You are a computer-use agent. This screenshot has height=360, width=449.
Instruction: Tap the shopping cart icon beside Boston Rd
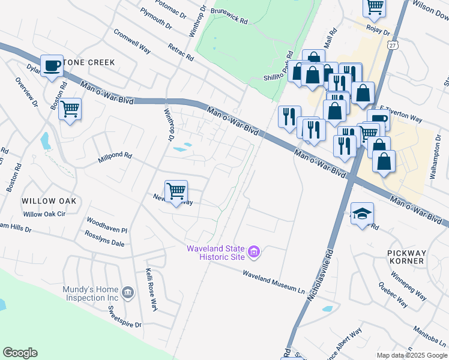[x=70, y=109]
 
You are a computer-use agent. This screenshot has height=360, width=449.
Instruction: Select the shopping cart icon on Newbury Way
[x=176, y=191]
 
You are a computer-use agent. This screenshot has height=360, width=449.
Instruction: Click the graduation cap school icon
[x=362, y=214]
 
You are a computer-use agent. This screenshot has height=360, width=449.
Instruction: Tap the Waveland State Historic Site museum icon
[x=254, y=253]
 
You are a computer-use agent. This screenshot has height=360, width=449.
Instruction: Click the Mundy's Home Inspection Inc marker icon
[x=127, y=293]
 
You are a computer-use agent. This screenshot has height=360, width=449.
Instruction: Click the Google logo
[x=20, y=353]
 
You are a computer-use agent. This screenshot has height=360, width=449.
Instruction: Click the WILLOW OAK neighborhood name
[x=49, y=200]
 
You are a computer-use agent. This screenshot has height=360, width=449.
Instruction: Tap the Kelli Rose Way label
[x=150, y=293]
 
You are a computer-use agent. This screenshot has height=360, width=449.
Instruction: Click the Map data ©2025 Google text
[x=411, y=355]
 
